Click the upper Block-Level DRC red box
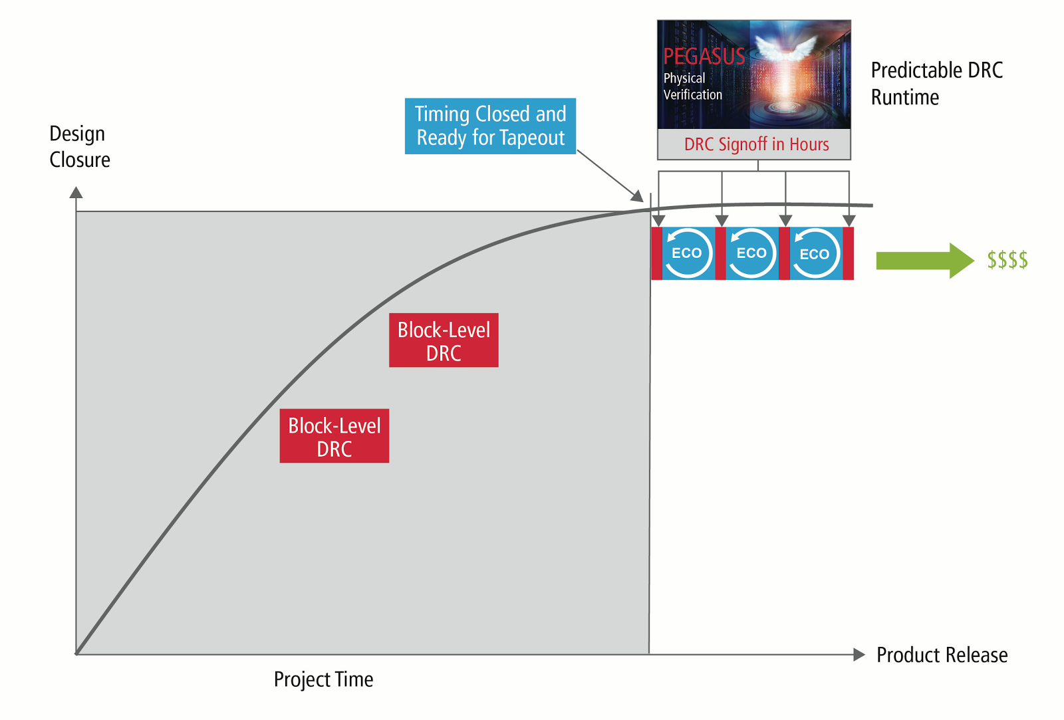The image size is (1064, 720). (x=444, y=340)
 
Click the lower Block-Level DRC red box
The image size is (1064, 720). (x=334, y=436)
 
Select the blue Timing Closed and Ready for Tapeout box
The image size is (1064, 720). (x=490, y=126)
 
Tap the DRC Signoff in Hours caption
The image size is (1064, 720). (x=756, y=144)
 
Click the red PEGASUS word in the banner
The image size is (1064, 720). (x=704, y=57)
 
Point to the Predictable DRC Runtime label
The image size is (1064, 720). (x=936, y=83)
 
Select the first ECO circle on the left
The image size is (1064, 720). (x=688, y=253)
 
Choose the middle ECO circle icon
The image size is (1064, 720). (x=751, y=253)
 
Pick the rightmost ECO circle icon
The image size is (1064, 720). (x=815, y=253)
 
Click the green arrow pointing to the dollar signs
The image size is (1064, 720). (x=924, y=260)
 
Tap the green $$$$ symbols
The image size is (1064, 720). (x=1007, y=260)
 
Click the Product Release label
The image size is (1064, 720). (x=942, y=655)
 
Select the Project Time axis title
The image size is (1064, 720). (x=323, y=679)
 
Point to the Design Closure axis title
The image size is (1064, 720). (x=80, y=147)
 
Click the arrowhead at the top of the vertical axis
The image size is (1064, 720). (x=76, y=193)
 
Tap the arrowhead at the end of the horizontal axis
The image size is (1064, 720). (x=859, y=655)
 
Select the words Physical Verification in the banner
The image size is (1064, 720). (x=692, y=86)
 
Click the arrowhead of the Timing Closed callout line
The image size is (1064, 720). (x=638, y=196)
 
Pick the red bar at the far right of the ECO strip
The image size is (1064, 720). (x=848, y=253)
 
